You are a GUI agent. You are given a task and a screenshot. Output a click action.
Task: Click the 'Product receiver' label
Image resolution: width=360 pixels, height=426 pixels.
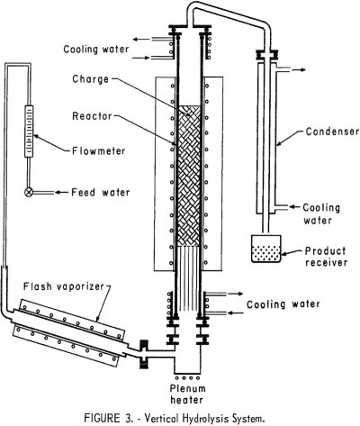[321, 255]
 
